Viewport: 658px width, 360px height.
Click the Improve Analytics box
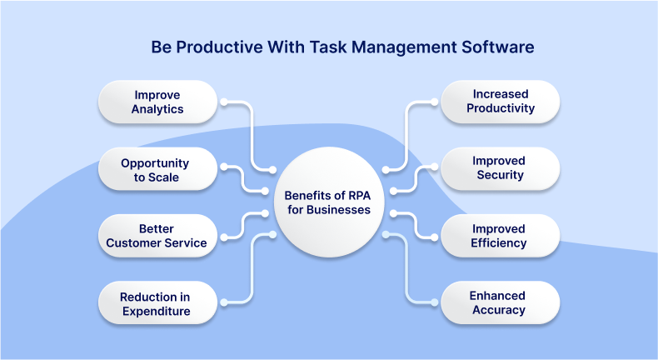click(x=158, y=102)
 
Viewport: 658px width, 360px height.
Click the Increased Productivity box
click(x=500, y=102)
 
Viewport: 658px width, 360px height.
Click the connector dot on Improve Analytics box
click(x=223, y=102)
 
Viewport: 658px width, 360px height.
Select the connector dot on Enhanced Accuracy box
click(x=433, y=302)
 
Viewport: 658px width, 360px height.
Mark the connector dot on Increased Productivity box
click(x=433, y=102)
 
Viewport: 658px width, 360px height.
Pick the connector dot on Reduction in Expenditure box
click(x=223, y=302)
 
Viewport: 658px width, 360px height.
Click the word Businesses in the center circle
click(x=339, y=210)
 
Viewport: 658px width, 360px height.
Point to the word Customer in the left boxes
click(x=137, y=242)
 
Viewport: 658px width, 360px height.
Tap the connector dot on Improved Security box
click(x=433, y=168)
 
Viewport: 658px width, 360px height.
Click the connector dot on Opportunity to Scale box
click(x=223, y=169)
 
